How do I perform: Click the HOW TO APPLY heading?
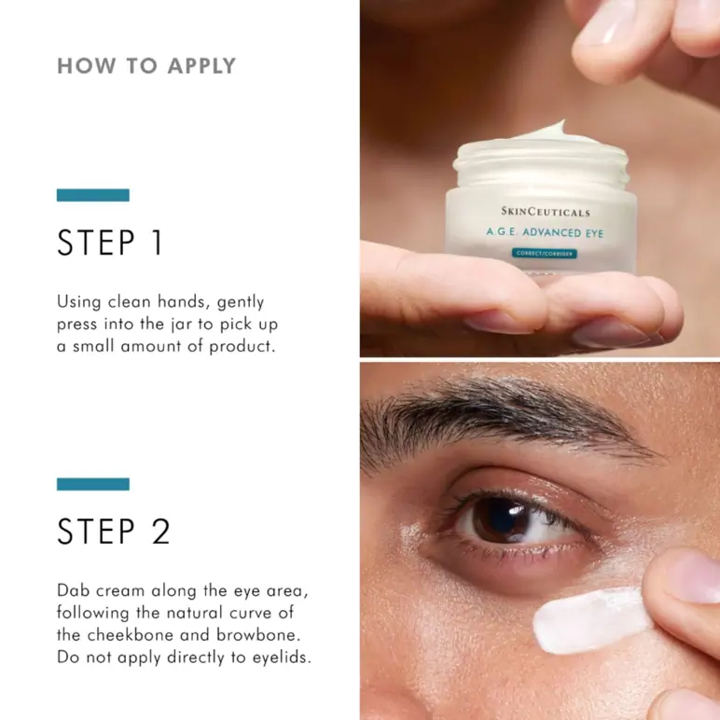coord(146,66)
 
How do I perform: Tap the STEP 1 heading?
coord(110,242)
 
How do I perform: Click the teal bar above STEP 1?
coord(92,195)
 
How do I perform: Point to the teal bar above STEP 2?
coord(92,484)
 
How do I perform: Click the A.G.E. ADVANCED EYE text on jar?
coord(543,233)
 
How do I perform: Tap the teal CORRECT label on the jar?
coord(545,254)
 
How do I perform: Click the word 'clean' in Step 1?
coord(132,302)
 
